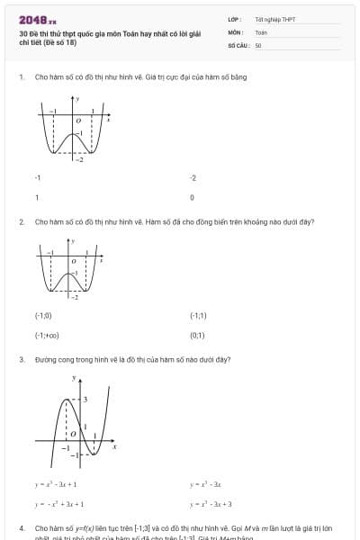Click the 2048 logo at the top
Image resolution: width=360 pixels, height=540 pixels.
(37, 20)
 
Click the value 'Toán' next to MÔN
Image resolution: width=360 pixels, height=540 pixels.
(261, 31)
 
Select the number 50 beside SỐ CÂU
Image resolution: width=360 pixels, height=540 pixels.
(258, 44)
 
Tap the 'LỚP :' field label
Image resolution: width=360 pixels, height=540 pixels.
(235, 19)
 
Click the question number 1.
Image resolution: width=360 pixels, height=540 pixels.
(21, 76)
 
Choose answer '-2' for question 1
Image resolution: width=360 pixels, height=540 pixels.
(193, 178)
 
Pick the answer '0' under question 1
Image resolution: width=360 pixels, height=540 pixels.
(193, 196)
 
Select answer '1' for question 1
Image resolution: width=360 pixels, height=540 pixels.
(37, 196)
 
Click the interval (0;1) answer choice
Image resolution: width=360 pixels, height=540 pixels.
(198, 335)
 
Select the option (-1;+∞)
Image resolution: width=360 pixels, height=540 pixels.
(47, 335)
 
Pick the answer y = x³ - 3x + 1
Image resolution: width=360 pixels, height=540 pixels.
(56, 484)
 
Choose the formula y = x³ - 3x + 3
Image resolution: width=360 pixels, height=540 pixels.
(211, 504)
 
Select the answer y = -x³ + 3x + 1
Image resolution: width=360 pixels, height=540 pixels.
(59, 504)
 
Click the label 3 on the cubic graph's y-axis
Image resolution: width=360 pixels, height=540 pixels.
(86, 398)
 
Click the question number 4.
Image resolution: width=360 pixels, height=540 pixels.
(21, 527)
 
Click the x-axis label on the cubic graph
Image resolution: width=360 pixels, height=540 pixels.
(114, 446)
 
